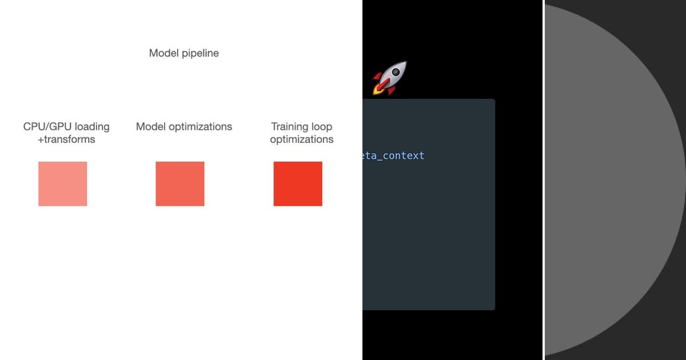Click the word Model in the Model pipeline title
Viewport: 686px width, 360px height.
[162, 53]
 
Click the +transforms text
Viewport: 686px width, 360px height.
[66, 139]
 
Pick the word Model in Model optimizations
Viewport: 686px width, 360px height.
[149, 127]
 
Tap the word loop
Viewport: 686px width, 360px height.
[322, 127]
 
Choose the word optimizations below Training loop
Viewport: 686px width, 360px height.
[302, 139]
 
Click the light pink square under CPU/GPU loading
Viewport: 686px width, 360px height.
[63, 183]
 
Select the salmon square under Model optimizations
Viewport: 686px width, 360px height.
[180, 183]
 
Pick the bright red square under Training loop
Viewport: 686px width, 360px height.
[298, 183]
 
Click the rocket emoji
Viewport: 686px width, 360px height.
[390, 78]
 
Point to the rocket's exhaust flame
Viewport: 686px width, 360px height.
[378, 89]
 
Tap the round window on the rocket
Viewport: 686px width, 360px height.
[394, 73]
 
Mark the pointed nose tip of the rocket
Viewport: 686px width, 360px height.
[405, 63]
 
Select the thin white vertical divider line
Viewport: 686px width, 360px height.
[543, 180]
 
